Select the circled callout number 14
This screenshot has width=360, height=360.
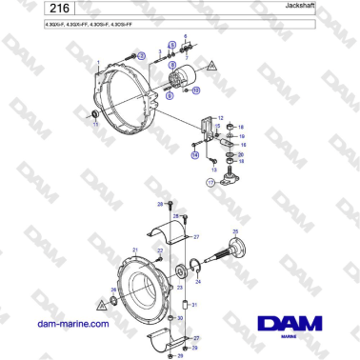coord(194,153)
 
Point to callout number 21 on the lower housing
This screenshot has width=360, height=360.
coord(135,250)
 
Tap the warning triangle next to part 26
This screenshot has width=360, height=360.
coord(100,305)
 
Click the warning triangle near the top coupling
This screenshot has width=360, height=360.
coord(213,65)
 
